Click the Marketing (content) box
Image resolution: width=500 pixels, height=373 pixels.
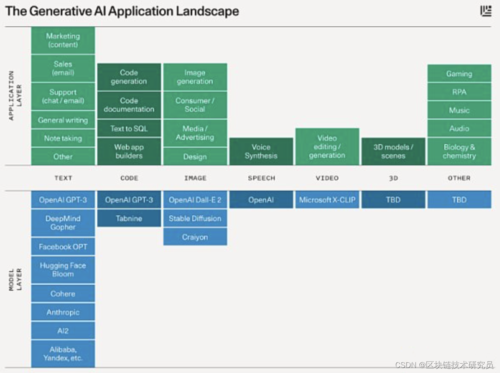click(63, 41)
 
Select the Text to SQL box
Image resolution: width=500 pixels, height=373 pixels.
click(129, 128)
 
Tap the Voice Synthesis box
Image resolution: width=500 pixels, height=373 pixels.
click(261, 151)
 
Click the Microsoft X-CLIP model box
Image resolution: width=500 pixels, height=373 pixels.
click(327, 200)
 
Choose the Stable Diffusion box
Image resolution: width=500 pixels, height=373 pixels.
click(195, 219)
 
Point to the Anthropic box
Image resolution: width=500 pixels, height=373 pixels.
click(63, 312)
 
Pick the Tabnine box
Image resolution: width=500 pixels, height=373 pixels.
click(129, 219)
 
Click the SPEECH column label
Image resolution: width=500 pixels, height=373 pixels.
click(261, 178)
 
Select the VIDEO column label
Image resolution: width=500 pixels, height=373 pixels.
click(327, 178)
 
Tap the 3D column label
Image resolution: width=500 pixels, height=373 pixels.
click(393, 178)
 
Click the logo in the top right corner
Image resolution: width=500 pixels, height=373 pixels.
click(486, 11)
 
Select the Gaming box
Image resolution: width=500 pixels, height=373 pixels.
click(459, 74)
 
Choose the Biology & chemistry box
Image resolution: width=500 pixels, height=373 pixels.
click(459, 151)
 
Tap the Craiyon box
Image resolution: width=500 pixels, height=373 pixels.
click(195, 237)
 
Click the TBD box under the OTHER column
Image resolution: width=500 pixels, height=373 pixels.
click(459, 200)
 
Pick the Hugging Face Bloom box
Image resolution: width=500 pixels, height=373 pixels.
click(63, 270)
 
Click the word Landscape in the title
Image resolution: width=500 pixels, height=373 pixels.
click(208, 11)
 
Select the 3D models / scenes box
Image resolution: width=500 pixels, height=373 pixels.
click(393, 151)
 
